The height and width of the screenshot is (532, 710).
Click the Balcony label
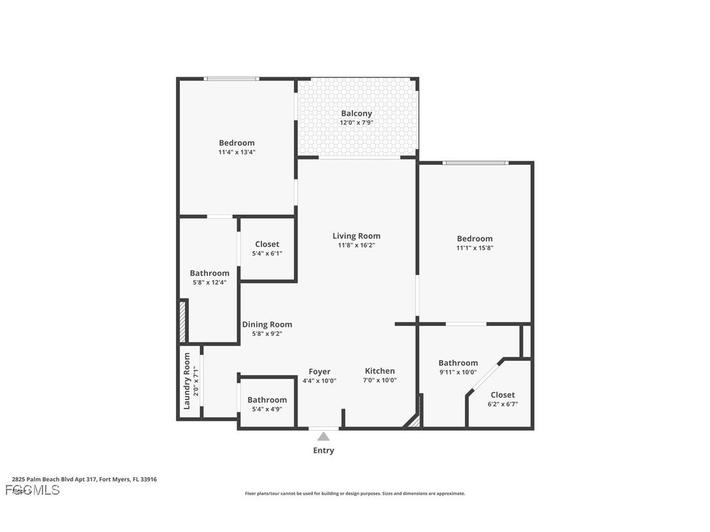356,114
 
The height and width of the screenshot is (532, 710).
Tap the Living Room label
356,236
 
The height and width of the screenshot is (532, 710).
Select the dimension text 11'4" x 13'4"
237,152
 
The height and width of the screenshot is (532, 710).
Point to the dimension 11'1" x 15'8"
475,248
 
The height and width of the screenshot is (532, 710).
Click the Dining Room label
267,324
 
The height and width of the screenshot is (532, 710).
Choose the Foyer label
319,371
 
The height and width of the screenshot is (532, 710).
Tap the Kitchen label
380,371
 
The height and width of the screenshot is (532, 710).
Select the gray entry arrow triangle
324,436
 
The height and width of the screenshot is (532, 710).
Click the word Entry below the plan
324,450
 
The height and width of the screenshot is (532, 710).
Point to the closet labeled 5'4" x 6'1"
267,248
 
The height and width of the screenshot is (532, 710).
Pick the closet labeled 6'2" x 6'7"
502,399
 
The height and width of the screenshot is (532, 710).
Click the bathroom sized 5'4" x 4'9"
267,404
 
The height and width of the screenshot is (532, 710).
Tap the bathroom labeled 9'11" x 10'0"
458,367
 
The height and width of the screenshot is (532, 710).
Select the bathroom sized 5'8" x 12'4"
209,278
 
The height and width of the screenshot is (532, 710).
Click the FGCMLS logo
33,490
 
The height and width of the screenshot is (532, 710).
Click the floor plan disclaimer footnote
355,493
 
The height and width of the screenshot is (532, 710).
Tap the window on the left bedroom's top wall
231,79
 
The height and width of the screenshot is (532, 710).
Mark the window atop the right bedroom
475,163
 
